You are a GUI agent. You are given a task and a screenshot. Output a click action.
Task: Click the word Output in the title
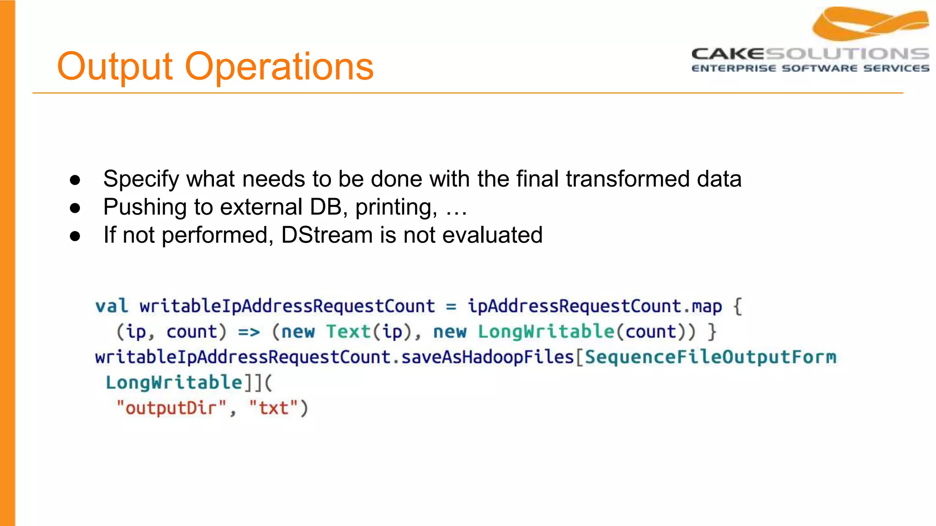114,67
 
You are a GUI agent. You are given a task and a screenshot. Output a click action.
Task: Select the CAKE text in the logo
728,54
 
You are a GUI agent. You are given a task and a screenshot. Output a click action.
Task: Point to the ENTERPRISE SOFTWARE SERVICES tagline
810,68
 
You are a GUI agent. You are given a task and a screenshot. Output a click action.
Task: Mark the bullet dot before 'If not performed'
75,236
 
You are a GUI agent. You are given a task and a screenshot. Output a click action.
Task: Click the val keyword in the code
112,306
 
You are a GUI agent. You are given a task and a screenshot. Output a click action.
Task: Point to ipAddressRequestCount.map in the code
595,306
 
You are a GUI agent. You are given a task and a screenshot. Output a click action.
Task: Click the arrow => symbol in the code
249,332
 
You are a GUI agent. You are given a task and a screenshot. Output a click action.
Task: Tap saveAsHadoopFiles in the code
487,357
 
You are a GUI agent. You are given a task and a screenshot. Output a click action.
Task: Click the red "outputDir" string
172,408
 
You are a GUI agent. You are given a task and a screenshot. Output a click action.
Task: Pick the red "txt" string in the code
273,408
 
